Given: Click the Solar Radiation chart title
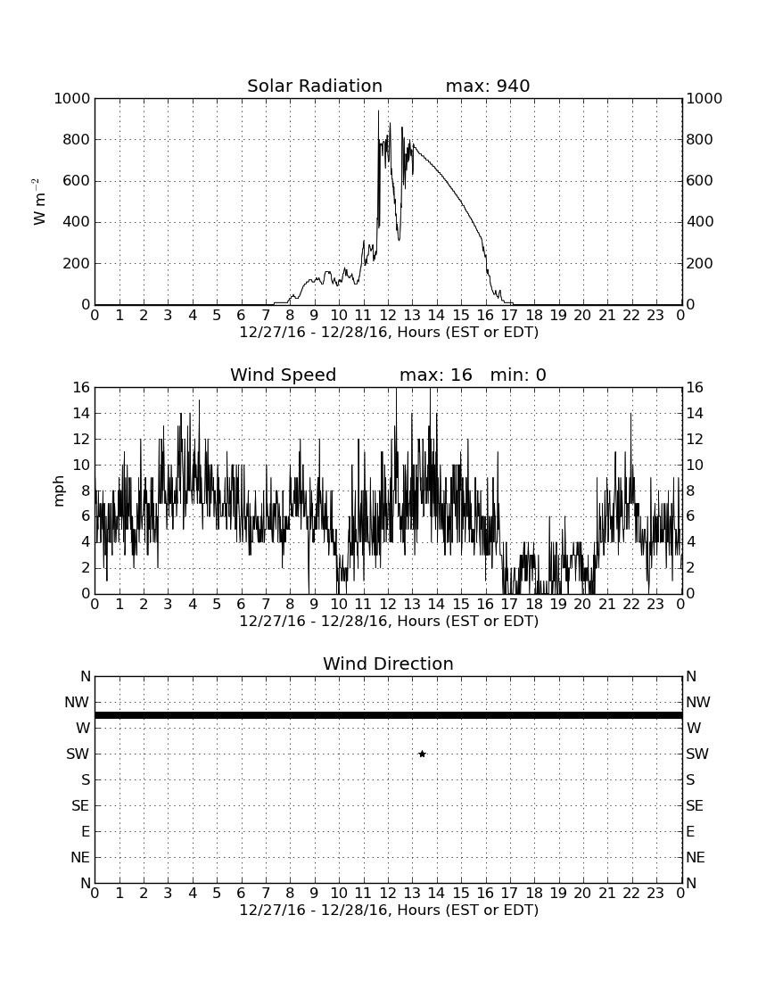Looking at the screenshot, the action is pyautogui.click(x=315, y=86).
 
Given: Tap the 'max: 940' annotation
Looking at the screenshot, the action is pyautogui.click(x=488, y=86).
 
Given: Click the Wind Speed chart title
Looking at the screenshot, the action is pyautogui.click(x=284, y=375).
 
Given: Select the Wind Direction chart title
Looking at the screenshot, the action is pyautogui.click(x=389, y=664).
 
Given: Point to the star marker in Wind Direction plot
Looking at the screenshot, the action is pyautogui.click(x=422, y=754).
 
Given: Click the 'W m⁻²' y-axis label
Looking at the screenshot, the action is pyautogui.click(x=38, y=202).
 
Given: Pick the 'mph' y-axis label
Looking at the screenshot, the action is pyautogui.click(x=59, y=491).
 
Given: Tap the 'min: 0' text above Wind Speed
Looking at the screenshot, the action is pyautogui.click(x=518, y=375).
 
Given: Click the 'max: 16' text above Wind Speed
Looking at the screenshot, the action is pyautogui.click(x=436, y=375).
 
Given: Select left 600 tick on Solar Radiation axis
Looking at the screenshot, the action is pyautogui.click(x=77, y=181).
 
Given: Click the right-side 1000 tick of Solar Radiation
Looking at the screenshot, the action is pyautogui.click(x=704, y=98).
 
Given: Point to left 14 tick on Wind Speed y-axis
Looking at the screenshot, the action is pyautogui.click(x=81, y=414).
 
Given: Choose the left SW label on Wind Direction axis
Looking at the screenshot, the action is pyautogui.click(x=78, y=754).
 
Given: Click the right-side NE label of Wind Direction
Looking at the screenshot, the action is pyautogui.click(x=696, y=857).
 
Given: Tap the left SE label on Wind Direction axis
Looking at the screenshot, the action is pyautogui.click(x=80, y=806).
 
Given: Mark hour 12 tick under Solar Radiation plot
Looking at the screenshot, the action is pyautogui.click(x=388, y=316).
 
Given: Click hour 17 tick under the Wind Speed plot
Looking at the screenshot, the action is pyautogui.click(x=510, y=605).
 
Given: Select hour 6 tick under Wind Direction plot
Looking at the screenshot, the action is pyautogui.click(x=242, y=894).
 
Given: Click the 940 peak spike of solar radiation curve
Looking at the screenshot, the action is pyautogui.click(x=378, y=111).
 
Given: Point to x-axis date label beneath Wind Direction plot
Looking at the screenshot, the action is pyautogui.click(x=389, y=910).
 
